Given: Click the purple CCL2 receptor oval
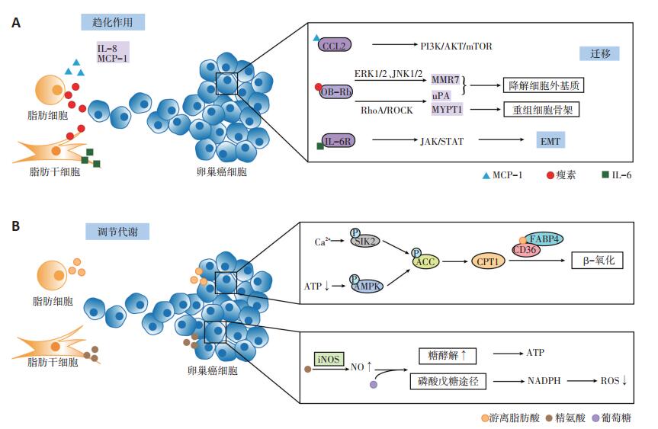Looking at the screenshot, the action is click(x=335, y=45).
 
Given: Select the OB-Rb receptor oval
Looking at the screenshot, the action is click(x=336, y=91).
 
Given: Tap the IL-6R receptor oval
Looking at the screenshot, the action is click(x=339, y=141).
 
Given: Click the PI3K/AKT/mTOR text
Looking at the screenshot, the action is click(x=456, y=46).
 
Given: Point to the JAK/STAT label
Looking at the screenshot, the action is click(x=442, y=141).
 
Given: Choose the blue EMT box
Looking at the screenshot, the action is click(x=550, y=140).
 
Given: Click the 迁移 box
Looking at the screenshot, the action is click(x=599, y=53).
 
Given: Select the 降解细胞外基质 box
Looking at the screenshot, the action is click(x=544, y=85).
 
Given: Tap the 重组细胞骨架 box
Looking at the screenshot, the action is click(x=541, y=110).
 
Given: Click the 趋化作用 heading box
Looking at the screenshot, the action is click(x=113, y=22).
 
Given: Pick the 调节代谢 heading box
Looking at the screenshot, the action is click(x=117, y=232).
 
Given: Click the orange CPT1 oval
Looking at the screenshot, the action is click(x=488, y=261).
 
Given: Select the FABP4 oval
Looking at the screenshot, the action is click(x=544, y=239).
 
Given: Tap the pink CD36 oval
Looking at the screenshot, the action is click(x=526, y=250).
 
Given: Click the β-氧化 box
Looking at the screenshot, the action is click(x=597, y=261).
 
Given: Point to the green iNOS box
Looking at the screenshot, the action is click(x=329, y=359).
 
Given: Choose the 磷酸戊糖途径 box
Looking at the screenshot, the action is click(x=448, y=381).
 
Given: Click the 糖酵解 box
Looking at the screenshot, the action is click(x=448, y=356).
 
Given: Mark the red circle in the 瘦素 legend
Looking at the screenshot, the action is click(x=550, y=175).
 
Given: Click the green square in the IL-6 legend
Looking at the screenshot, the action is click(x=605, y=174).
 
